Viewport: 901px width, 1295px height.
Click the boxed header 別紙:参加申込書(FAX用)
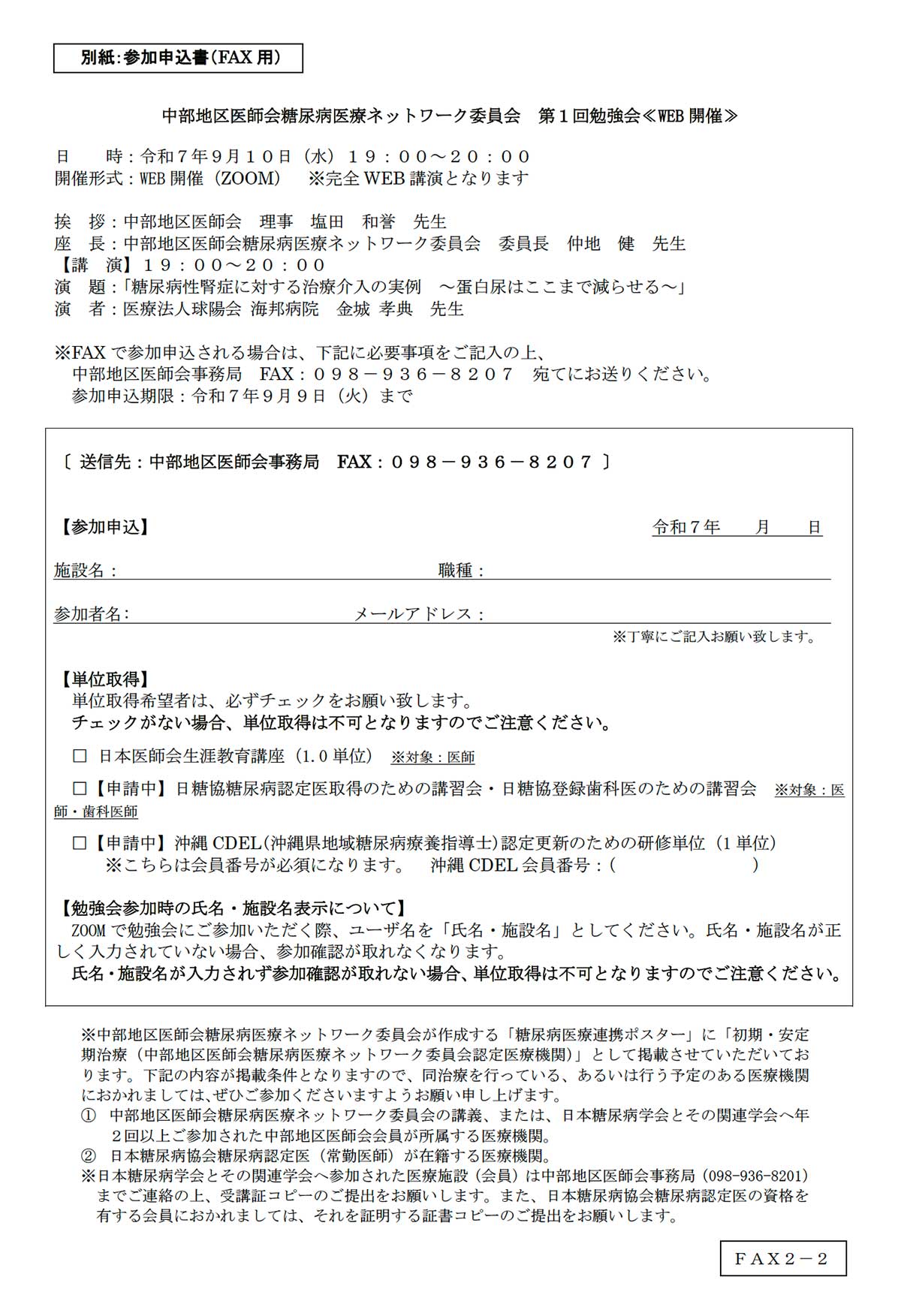[178, 58]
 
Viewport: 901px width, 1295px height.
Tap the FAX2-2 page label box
[783, 1258]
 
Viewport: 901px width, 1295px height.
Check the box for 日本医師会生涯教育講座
[80, 756]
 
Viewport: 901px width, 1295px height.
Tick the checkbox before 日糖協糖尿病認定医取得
[80, 788]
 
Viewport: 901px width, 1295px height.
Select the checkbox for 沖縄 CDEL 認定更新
[80, 842]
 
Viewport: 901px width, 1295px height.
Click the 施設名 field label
[85, 571]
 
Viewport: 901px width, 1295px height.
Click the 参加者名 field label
[91, 614]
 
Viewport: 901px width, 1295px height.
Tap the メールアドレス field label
[419, 614]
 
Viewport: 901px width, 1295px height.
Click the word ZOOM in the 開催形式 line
[250, 178]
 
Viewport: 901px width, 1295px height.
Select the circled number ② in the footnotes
[89, 1156]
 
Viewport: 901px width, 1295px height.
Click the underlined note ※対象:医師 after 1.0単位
[432, 757]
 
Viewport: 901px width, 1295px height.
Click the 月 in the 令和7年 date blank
[762, 527]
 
